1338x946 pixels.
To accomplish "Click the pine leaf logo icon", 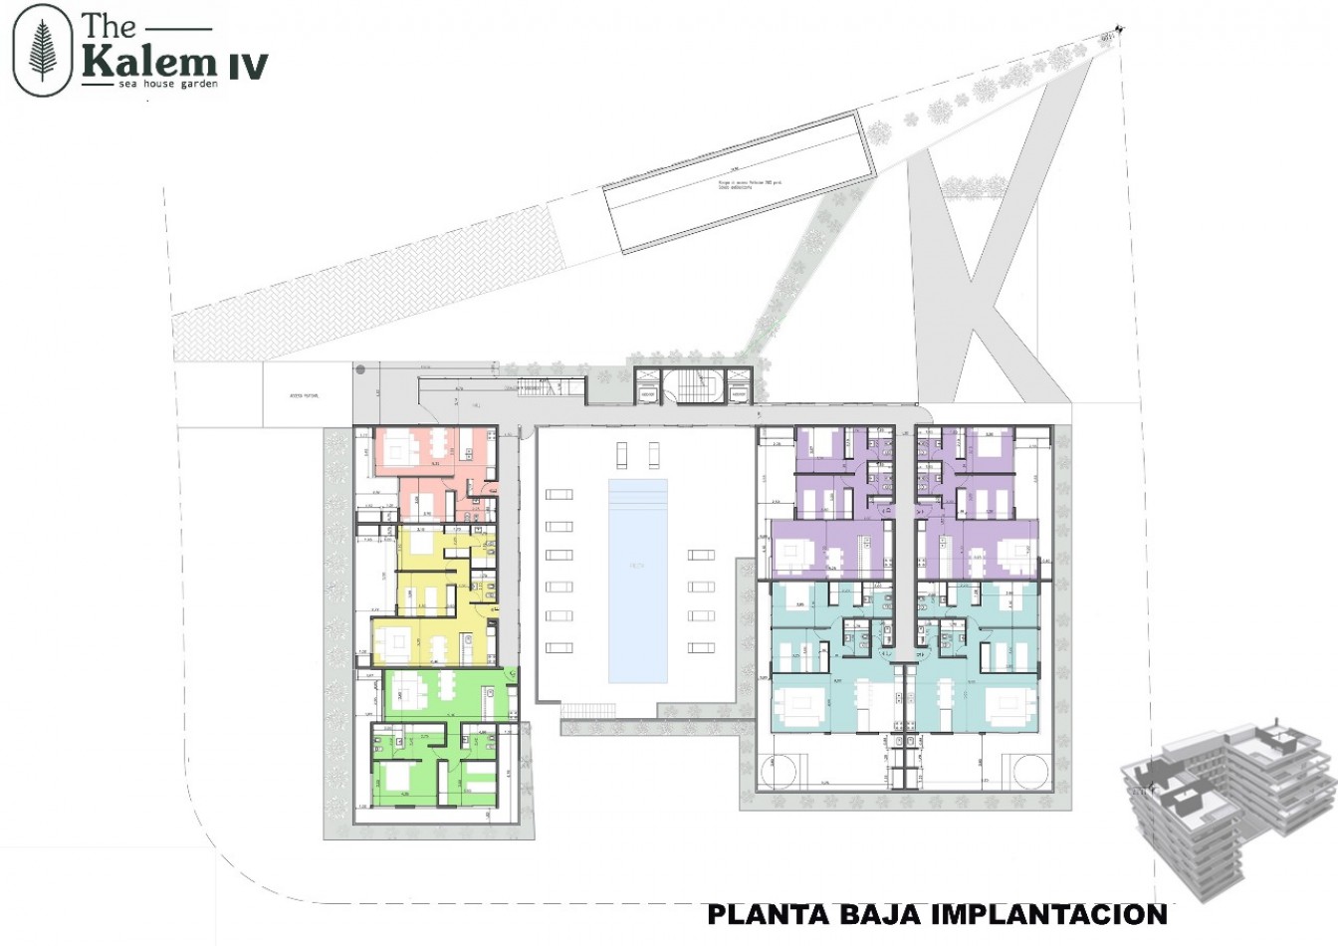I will tap(44, 52).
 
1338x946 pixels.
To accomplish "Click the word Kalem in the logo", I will tap(149, 63).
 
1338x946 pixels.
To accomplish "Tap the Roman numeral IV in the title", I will tap(247, 66).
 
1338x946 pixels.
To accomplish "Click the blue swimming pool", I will tap(637, 580).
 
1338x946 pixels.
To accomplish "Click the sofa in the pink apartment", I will tap(404, 451).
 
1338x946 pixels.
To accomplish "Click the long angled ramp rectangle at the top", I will tap(737, 182).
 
